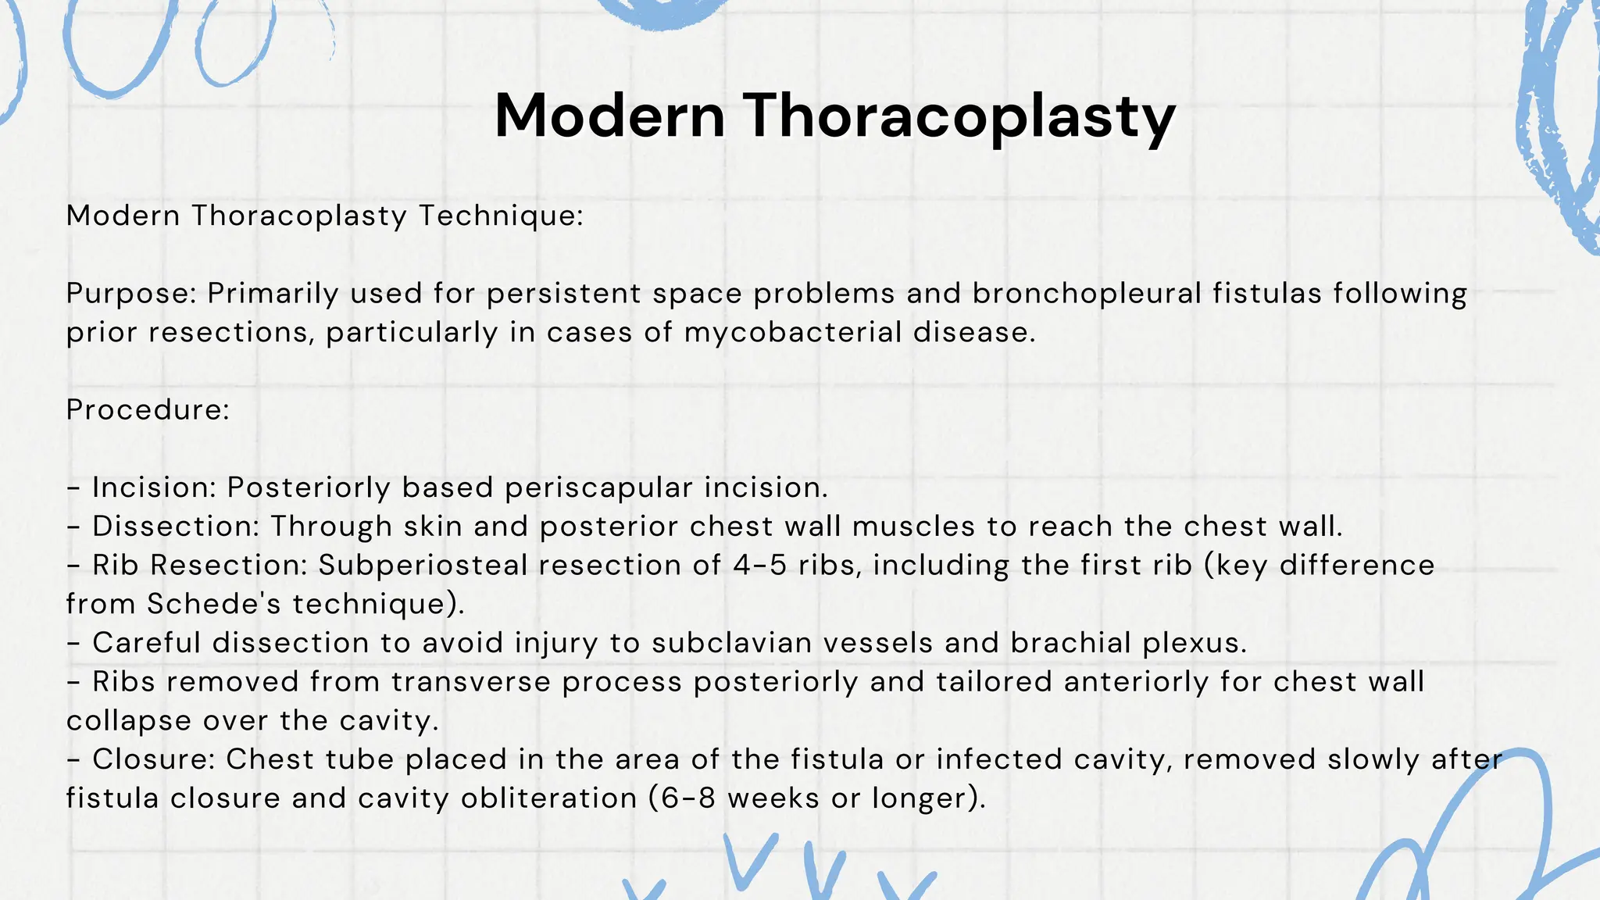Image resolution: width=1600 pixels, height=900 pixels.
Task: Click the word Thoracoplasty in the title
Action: (x=959, y=117)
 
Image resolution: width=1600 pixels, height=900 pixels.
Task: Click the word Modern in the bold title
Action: (x=610, y=117)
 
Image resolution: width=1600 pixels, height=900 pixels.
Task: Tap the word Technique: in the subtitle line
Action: (x=502, y=216)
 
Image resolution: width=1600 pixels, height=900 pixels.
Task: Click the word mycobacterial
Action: (x=793, y=333)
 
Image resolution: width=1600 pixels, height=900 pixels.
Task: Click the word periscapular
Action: (x=598, y=487)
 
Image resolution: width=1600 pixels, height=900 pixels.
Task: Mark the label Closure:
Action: (x=153, y=759)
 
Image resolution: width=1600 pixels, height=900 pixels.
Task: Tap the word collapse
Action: (x=129, y=721)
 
